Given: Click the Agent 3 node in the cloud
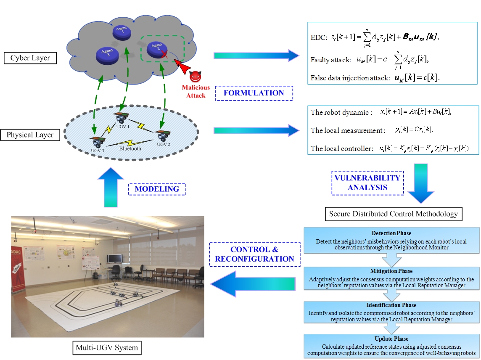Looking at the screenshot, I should tap(104, 55).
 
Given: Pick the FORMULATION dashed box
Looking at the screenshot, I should tap(254, 93).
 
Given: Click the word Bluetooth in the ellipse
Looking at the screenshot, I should tap(130, 148).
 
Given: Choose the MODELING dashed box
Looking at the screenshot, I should tap(157, 189).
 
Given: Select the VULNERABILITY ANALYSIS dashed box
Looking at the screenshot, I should tap(367, 183).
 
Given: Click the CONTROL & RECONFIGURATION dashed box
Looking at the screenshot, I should tap(254, 254).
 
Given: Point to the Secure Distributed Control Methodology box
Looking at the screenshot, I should tap(394, 214).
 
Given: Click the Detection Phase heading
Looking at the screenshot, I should tap(391, 233).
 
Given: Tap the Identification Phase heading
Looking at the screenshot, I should tap(391, 305).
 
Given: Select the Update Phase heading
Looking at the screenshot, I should tap(391, 339).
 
